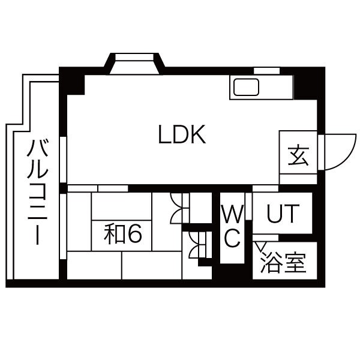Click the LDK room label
182,135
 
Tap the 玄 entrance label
298,157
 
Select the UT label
282,214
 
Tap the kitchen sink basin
247,88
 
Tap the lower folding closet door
196,245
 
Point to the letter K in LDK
198,135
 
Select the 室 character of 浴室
295,263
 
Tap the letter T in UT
290,214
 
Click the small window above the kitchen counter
266,71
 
